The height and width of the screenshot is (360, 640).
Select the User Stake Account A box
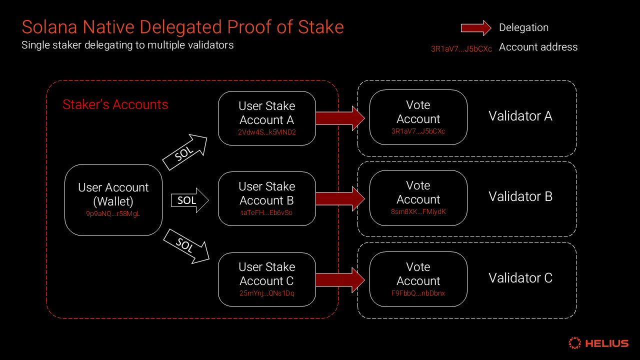point(267,118)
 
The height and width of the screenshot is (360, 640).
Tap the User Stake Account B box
point(267,198)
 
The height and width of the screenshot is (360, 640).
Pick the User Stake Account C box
point(267,279)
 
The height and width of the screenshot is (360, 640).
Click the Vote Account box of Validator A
point(418,117)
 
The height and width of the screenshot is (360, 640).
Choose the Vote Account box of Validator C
point(418,279)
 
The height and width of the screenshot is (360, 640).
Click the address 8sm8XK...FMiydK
point(418,212)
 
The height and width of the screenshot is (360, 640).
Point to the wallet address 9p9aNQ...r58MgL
point(113,213)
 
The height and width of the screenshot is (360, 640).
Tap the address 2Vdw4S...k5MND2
point(267,132)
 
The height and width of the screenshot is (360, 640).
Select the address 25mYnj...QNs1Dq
point(267,293)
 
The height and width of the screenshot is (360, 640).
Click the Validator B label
point(520,196)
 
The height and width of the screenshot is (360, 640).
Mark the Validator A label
point(520,116)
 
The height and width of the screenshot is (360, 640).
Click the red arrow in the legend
point(475,28)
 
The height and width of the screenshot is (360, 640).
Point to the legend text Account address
point(538,47)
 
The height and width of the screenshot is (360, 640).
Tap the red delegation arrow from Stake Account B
point(340,198)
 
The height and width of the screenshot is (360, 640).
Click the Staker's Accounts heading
point(115,104)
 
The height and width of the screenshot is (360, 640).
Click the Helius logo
point(598,343)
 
